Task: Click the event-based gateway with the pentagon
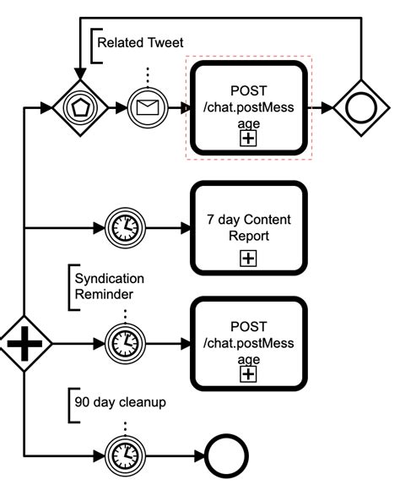(78, 107)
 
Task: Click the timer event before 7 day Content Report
(124, 227)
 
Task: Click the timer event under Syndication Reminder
(124, 344)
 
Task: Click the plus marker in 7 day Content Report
(248, 259)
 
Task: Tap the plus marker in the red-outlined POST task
(248, 139)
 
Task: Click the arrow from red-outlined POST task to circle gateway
(320, 107)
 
